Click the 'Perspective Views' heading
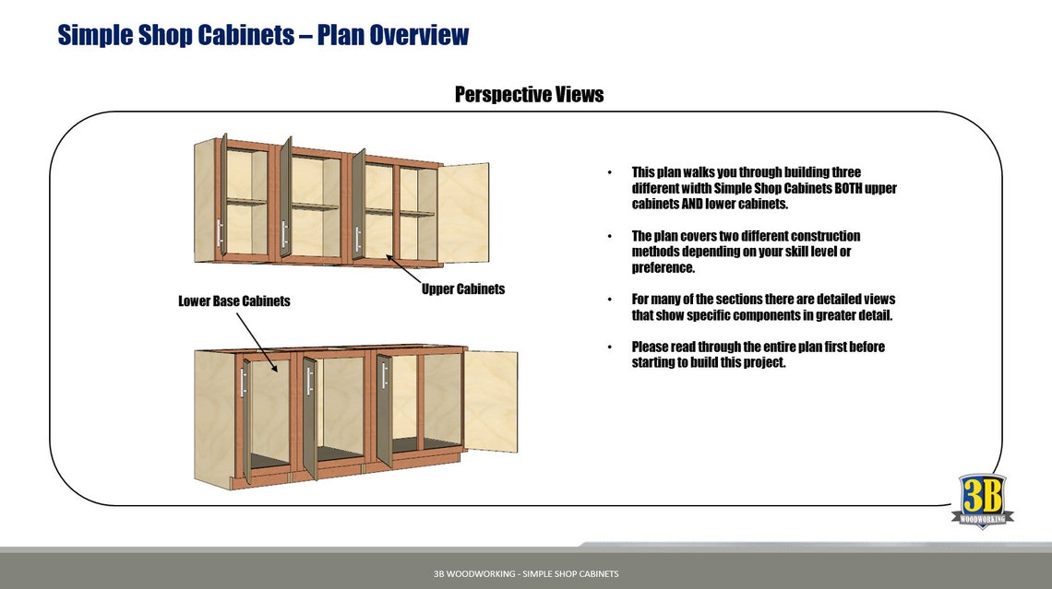[529, 94]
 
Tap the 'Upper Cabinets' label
[463, 289]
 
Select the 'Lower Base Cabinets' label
[233, 300]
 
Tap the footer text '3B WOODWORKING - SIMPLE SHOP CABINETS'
[526, 573]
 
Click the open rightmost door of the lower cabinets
[490, 401]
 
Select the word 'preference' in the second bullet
[662, 267]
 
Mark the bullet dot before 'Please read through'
[609, 348]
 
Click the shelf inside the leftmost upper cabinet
[246, 201]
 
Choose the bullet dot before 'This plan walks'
[609, 173]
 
